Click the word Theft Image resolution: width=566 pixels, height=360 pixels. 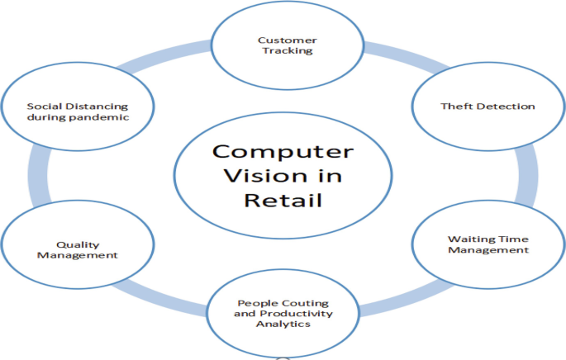[x=455, y=107]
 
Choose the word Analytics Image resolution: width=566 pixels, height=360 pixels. [x=283, y=324]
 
